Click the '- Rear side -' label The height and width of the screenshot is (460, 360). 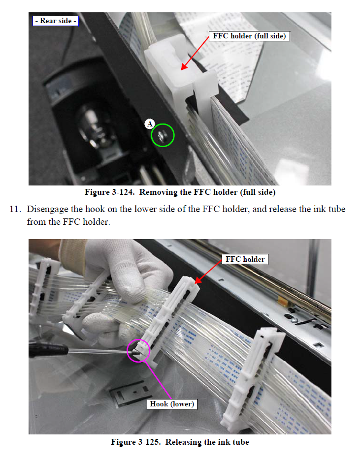click(55, 21)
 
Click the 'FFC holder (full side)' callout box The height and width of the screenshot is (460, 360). click(249, 36)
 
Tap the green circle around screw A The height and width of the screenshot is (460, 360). click(163, 134)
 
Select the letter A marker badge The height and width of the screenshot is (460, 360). click(150, 124)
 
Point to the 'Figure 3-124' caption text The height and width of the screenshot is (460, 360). click(180, 192)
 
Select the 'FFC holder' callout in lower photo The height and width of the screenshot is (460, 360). click(245, 259)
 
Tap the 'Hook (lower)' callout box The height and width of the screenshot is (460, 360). click(172, 404)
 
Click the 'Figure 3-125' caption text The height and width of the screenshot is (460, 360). click(180, 442)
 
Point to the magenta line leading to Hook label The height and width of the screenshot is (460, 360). click(158, 379)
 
